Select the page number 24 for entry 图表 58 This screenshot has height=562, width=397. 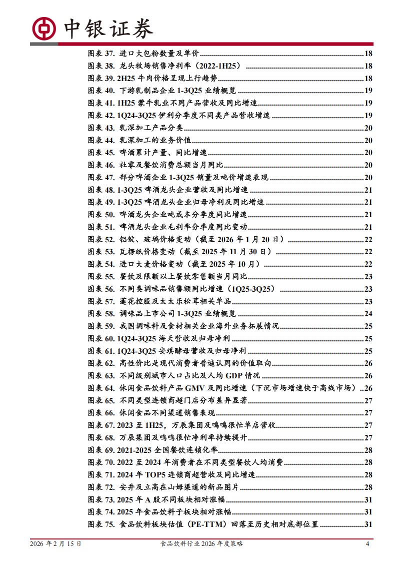pos(368,314)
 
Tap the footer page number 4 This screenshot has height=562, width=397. pos(367,543)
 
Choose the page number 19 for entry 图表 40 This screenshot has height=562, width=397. pos(368,91)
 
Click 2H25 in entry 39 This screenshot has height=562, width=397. pos(125,79)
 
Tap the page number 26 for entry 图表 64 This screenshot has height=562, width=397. pos(368,388)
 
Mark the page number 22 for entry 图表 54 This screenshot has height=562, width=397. pos(368,264)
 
